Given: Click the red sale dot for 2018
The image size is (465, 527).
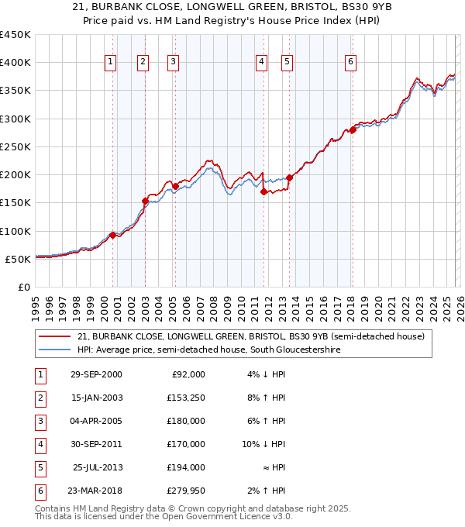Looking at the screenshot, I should click(352, 130).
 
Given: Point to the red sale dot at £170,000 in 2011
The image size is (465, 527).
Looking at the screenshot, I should click(263, 191).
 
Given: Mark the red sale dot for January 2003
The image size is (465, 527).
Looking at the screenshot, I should click(144, 201).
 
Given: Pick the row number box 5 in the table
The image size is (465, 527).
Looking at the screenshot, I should click(40, 467).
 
